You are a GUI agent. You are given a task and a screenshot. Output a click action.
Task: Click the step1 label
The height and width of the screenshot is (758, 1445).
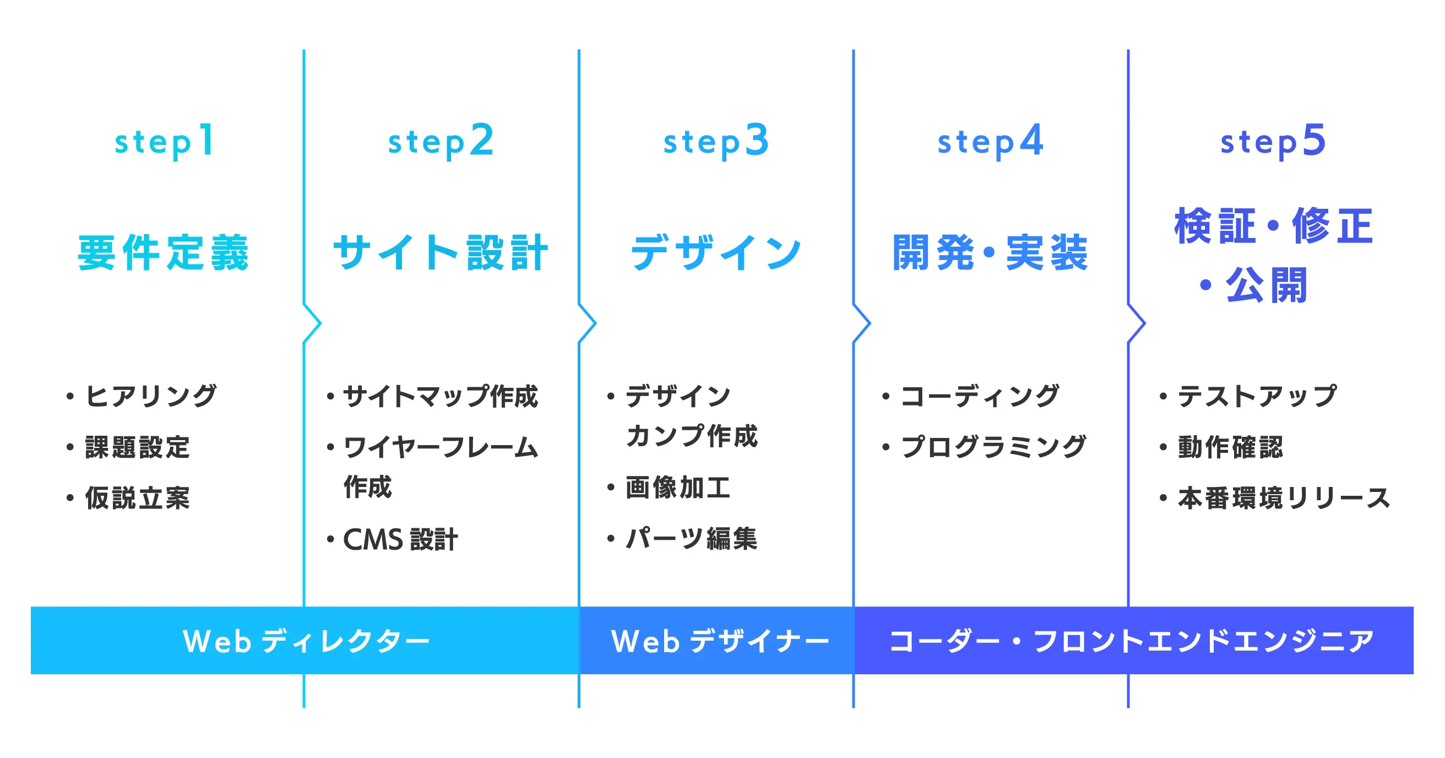point(164,142)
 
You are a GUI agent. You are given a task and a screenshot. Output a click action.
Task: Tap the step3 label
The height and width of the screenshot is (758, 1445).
point(716,142)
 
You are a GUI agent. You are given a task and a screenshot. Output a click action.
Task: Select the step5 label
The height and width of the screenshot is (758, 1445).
point(1273,142)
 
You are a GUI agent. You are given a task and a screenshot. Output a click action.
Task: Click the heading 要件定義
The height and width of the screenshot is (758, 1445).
point(163,253)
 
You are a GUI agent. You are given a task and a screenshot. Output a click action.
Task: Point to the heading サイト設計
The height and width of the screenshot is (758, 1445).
point(441,253)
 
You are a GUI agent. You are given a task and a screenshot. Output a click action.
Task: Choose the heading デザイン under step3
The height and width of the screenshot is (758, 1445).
point(716,253)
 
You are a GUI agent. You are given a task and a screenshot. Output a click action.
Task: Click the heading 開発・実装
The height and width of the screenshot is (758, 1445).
point(990,253)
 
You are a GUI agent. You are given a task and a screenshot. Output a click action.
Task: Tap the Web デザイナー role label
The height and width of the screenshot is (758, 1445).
point(720,641)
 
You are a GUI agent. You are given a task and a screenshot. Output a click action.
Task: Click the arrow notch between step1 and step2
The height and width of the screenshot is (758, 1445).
point(320,323)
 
